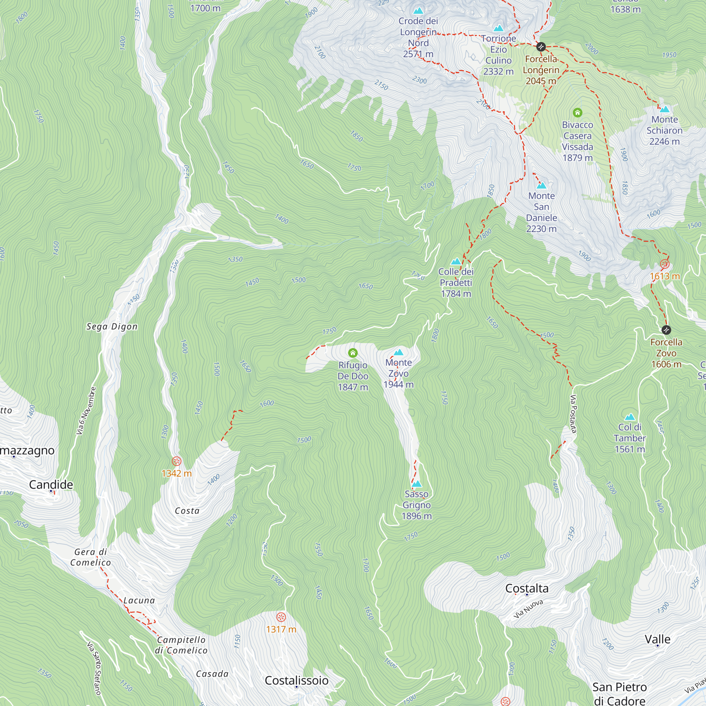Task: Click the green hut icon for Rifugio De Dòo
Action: [353, 353]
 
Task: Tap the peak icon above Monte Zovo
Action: [398, 352]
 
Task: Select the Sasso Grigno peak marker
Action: [417, 484]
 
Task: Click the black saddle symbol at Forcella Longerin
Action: [541, 47]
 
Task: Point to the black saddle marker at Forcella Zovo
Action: [666, 330]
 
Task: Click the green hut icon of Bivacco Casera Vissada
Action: [578, 112]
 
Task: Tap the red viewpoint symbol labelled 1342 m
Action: [176, 461]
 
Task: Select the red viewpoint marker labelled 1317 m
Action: [281, 617]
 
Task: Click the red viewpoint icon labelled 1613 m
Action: [664, 264]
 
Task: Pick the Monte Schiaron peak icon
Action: [665, 109]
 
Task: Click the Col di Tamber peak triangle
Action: [630, 417]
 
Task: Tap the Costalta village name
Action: [527, 588]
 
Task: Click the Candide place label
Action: [51, 485]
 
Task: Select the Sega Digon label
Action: [112, 327]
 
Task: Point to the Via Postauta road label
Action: [573, 414]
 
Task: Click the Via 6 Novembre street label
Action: [86, 411]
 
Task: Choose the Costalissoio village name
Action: [297, 681]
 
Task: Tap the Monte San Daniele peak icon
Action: [541, 186]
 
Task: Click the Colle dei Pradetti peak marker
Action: [456, 262]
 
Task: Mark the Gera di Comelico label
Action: [90, 557]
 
